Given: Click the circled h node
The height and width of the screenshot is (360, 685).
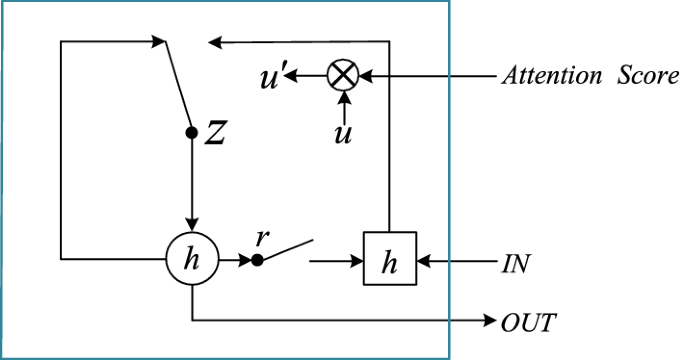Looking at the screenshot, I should [x=192, y=261].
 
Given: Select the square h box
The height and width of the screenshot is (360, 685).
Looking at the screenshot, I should [x=391, y=264].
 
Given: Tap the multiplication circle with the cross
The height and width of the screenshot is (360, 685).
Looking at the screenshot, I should [x=344, y=75].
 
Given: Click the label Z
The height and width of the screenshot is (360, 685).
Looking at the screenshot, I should [x=214, y=134].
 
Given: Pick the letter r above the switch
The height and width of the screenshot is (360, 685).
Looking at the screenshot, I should [x=263, y=237].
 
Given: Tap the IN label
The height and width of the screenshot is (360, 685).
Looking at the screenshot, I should [x=515, y=265].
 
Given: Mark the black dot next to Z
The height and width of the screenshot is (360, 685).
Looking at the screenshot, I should [x=192, y=132].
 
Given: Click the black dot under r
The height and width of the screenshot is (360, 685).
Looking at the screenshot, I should [x=257, y=260].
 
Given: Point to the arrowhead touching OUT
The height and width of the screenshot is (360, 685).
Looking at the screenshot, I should [x=487, y=322].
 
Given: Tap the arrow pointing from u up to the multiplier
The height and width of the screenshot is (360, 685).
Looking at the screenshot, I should [x=343, y=104].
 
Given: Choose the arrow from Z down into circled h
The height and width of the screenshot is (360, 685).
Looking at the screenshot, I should [x=192, y=185].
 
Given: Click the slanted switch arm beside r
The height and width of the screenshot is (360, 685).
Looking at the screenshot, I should [x=287, y=250].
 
